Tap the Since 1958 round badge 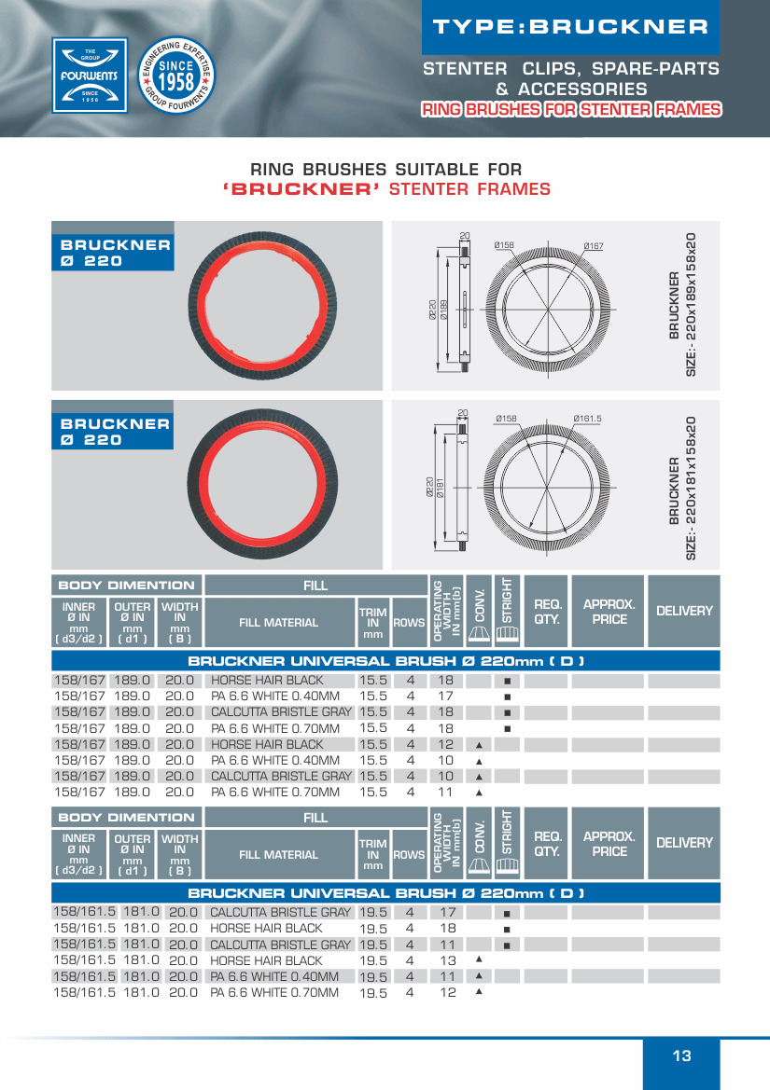point(176,76)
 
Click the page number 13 point(681,1056)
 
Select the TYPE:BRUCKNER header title point(571,27)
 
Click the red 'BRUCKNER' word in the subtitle point(301,190)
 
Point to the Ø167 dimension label point(594,246)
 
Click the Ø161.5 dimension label point(587,419)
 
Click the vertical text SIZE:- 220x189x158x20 point(692,305)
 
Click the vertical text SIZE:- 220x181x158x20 point(692,488)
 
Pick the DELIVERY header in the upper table point(684,611)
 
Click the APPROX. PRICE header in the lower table point(609,844)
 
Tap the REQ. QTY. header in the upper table point(547,611)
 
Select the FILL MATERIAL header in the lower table point(278,854)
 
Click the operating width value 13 point(447,960)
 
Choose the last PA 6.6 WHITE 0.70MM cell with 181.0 point(274,993)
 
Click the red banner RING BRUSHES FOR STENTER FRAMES point(571,110)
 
